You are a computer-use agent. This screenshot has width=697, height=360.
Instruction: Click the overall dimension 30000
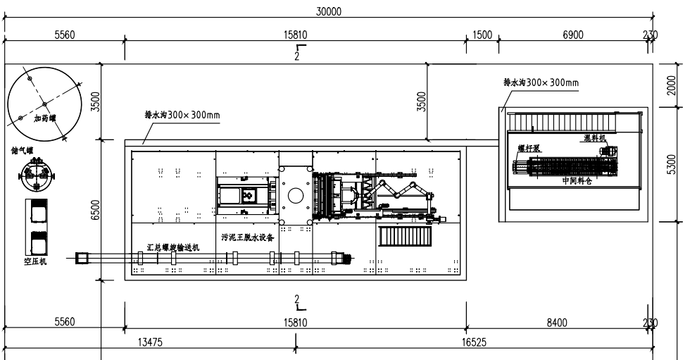point(329,11)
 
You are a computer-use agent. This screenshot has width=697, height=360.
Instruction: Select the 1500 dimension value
point(482,35)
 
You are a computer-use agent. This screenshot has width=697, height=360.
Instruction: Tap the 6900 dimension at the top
point(572,35)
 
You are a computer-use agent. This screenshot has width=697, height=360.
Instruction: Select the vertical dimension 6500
point(95,210)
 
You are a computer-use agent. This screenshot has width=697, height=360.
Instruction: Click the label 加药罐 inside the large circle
point(44,119)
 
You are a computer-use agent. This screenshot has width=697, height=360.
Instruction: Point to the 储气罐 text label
point(23,150)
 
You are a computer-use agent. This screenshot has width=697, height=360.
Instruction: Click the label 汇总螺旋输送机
point(173,247)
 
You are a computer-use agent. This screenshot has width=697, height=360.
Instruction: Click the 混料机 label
point(595,137)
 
